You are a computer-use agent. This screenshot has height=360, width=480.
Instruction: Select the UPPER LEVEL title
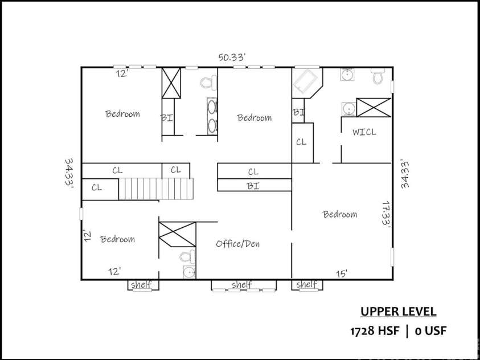pyautogui.click(x=398, y=312)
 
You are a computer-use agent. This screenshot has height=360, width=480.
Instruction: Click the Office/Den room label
pyautogui.click(x=237, y=244)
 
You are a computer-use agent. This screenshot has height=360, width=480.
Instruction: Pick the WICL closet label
pyautogui.click(x=364, y=132)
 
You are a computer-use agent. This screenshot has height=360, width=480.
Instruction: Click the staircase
pyautogui.click(x=156, y=189)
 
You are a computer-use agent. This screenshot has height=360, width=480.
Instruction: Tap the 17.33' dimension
pyautogui.click(x=386, y=214)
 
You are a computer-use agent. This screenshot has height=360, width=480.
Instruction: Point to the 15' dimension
pyautogui.click(x=342, y=274)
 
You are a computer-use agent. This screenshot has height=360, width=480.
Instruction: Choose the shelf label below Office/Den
pyautogui.click(x=242, y=284)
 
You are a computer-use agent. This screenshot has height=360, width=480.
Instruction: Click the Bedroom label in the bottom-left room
pyautogui.click(x=117, y=239)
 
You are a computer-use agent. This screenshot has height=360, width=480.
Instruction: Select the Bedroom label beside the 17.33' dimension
pyautogui.click(x=340, y=214)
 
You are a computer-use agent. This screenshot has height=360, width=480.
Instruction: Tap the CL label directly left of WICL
pyautogui.click(x=301, y=142)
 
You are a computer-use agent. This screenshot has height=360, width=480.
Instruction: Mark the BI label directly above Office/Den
pyautogui.click(x=253, y=185)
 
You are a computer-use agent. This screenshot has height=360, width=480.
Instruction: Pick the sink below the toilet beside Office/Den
pyautogui.click(x=188, y=272)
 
